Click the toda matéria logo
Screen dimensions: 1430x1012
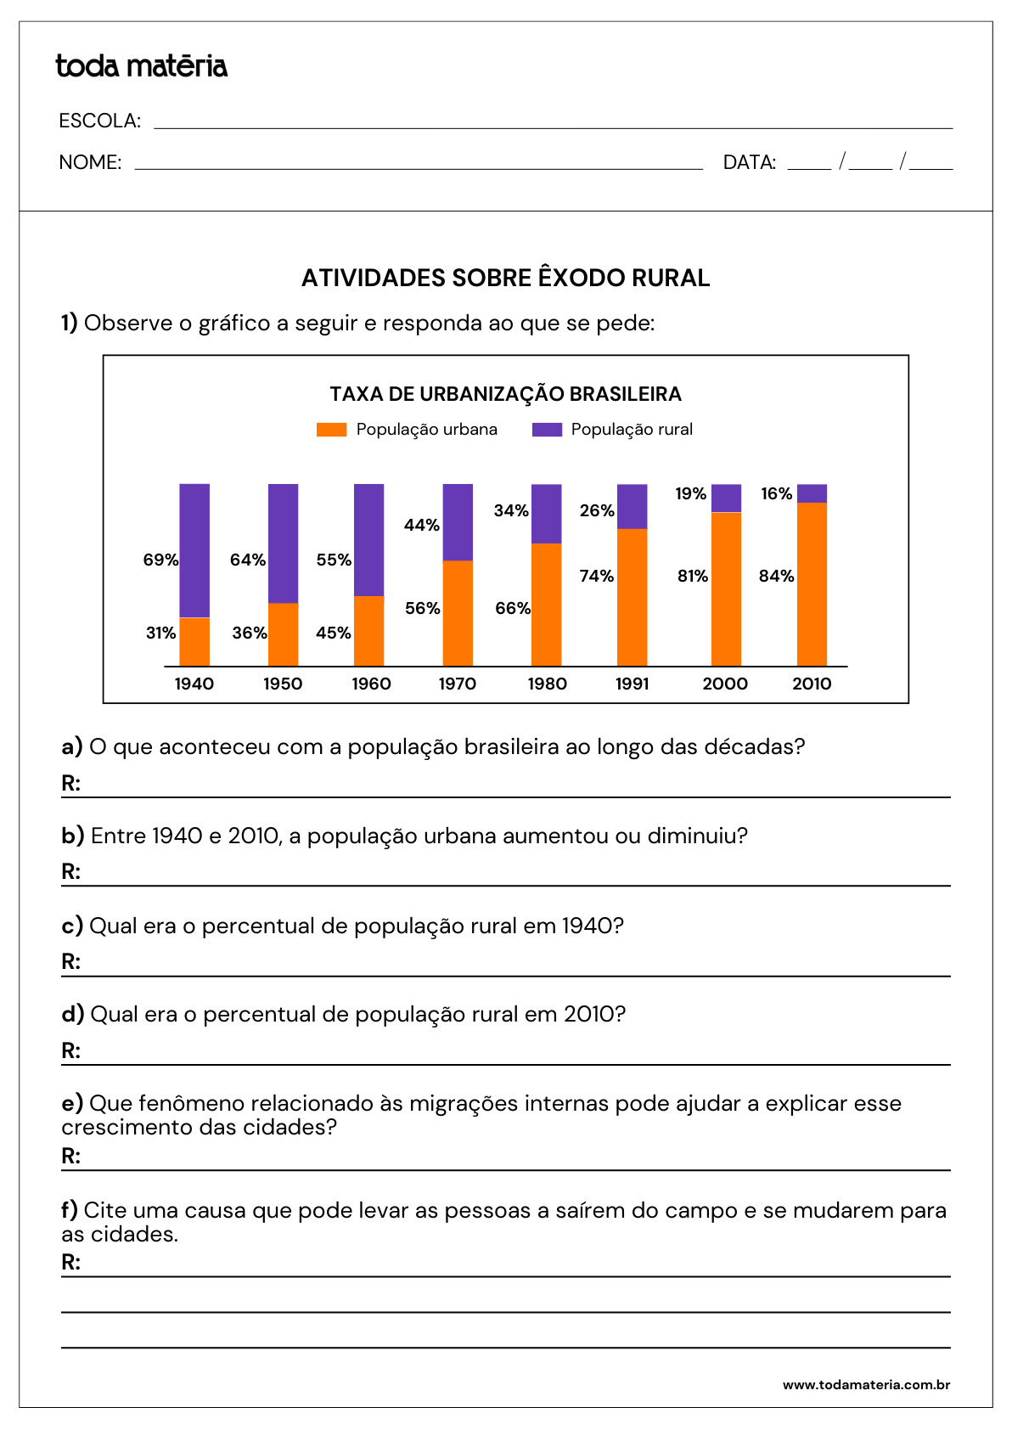(x=141, y=66)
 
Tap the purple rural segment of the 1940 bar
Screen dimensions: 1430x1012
(x=194, y=549)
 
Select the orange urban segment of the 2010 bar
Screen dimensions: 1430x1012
(x=812, y=583)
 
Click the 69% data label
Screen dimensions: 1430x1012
(x=160, y=560)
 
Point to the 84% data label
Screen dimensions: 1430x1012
(x=776, y=576)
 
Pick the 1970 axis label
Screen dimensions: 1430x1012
(x=457, y=684)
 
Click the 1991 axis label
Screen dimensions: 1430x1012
(x=632, y=684)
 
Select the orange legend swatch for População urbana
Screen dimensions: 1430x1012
(x=331, y=430)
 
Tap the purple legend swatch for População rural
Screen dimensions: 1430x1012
(x=547, y=430)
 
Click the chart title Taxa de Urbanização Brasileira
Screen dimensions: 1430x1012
(x=505, y=394)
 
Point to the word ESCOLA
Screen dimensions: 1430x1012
(x=99, y=121)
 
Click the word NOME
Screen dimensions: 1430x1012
(x=90, y=162)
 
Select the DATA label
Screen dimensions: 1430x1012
(x=749, y=162)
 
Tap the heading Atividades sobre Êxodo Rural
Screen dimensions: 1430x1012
(x=505, y=278)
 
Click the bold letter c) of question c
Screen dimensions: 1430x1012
(x=72, y=926)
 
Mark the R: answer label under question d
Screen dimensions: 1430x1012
(x=70, y=1050)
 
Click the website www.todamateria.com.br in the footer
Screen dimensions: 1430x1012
(x=866, y=1385)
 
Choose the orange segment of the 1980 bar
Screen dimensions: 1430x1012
(x=546, y=604)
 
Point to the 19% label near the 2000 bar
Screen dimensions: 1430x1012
(x=690, y=493)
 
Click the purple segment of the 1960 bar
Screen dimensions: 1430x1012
(x=368, y=539)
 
